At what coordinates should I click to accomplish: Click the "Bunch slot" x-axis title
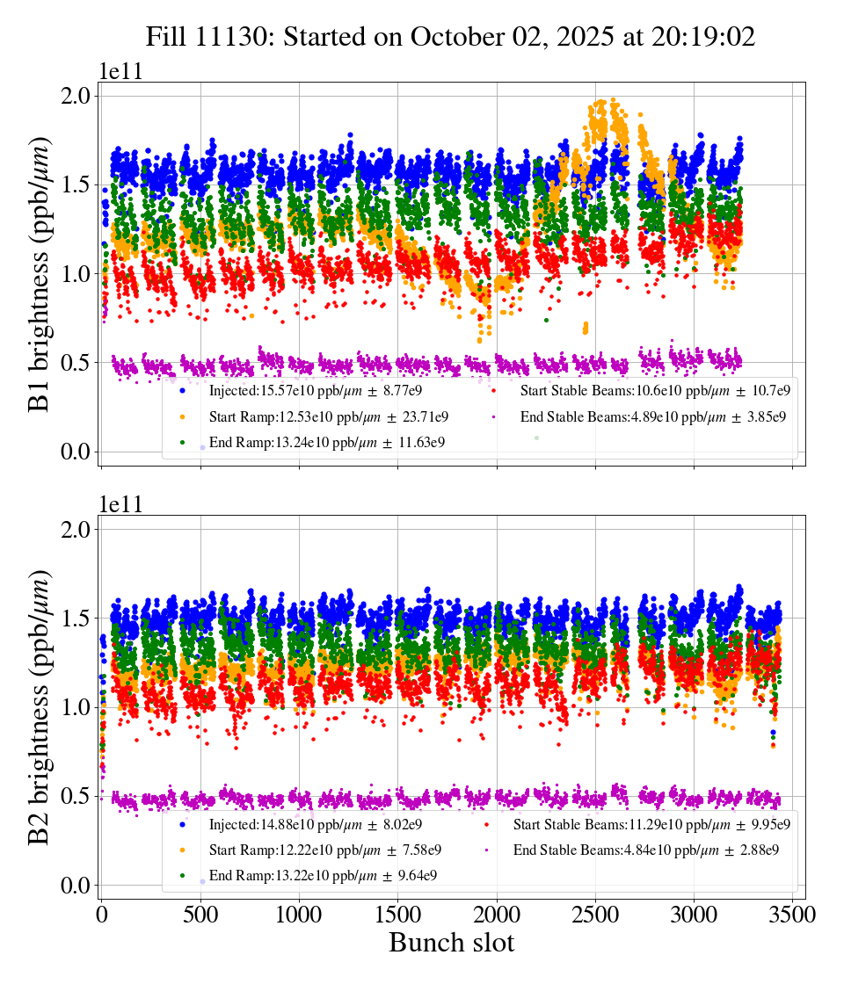[x=451, y=944]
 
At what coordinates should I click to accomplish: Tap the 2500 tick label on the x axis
[x=596, y=915]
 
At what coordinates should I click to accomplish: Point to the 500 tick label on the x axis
[x=200, y=915]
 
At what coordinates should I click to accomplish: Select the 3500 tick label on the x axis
[x=793, y=915]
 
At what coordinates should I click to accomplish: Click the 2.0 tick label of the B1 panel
[x=76, y=96]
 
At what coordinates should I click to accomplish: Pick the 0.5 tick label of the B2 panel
[x=76, y=796]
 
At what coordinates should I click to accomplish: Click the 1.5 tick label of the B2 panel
[x=76, y=619]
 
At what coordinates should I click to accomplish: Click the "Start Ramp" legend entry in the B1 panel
[x=329, y=416]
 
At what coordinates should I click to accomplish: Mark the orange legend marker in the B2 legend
[x=182, y=850]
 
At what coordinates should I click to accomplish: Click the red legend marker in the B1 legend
[x=495, y=390]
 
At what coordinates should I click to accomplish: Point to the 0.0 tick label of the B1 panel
[x=76, y=452]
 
